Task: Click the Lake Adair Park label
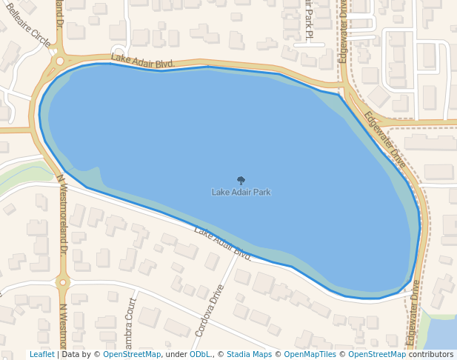pos(241,193)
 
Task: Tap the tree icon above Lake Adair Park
pos(241,180)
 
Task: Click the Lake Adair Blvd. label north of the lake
pos(143,61)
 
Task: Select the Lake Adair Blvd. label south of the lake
pos(223,243)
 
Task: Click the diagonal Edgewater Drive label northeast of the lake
pos(385,139)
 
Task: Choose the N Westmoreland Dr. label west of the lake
pos(62,215)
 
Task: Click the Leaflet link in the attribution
pos(41,354)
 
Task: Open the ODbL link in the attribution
pos(199,354)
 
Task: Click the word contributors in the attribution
pos(431,354)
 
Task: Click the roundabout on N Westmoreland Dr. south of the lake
pos(62,281)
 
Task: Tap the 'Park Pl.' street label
pos(308,19)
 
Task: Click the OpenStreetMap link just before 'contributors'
pos(377,354)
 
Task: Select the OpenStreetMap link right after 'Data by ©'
pos(132,354)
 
